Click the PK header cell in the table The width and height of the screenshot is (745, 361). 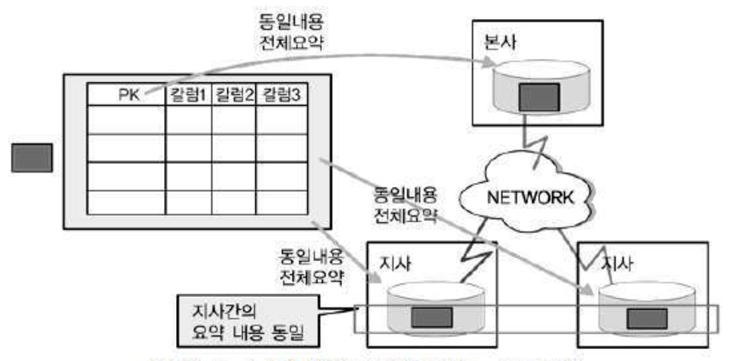coord(125,96)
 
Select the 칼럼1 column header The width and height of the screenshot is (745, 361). coord(188,96)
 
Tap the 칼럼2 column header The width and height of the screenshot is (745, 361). coord(233,96)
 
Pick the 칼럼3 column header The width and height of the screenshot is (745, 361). coord(279,96)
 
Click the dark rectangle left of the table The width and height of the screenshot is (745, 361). coord(32,158)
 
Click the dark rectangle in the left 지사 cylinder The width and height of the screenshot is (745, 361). coord(432,317)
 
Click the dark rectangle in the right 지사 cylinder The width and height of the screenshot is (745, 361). coord(645,318)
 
